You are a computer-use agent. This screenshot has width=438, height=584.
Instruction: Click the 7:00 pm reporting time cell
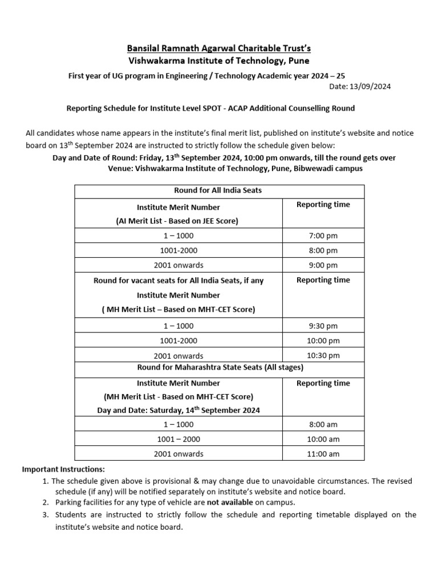[323, 236]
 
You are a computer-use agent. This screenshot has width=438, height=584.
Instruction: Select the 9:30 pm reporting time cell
[323, 326]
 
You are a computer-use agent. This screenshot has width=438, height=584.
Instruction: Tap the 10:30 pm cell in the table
[323, 355]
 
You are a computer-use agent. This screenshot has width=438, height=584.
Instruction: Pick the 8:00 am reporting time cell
[323, 424]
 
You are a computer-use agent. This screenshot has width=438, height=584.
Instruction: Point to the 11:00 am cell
[323, 454]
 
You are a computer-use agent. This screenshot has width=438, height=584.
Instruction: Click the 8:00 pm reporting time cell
[323, 250]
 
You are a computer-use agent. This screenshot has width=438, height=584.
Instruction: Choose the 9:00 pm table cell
[323, 265]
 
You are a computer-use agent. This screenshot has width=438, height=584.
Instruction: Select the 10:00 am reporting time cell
[323, 439]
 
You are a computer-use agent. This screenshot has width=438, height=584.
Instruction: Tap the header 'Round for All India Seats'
[218, 190]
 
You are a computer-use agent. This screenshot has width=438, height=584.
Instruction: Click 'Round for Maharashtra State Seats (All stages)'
[218, 367]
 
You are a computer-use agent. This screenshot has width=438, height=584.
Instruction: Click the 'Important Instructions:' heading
[63, 469]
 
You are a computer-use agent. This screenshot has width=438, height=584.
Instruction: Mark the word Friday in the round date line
[163, 158]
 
